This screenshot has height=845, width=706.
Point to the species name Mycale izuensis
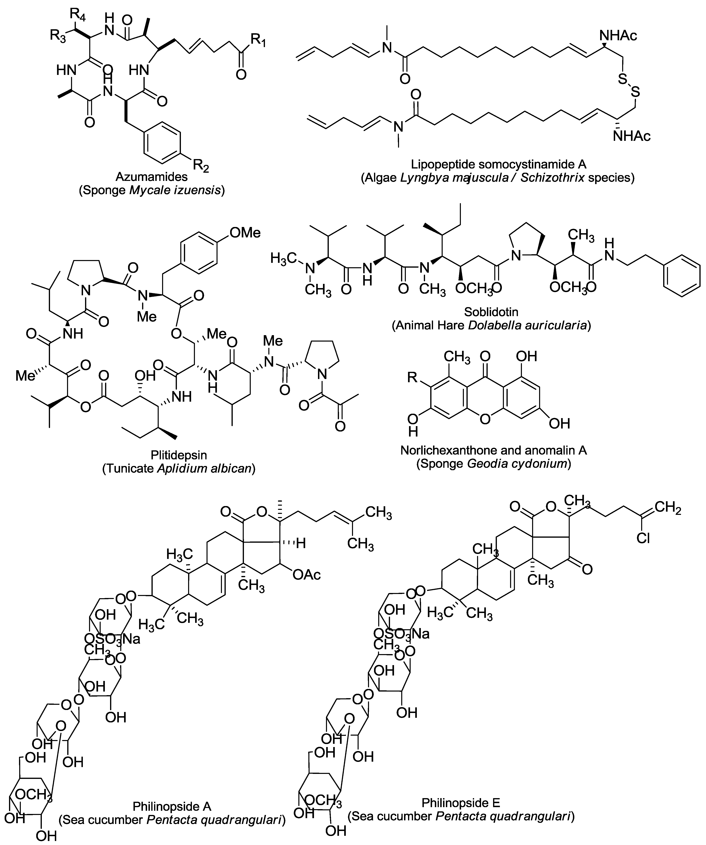[x=175, y=190]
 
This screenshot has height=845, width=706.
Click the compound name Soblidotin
[x=491, y=312]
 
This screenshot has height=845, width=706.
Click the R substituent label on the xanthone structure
[x=412, y=377]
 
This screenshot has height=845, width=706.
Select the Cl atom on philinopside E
[x=643, y=538]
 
